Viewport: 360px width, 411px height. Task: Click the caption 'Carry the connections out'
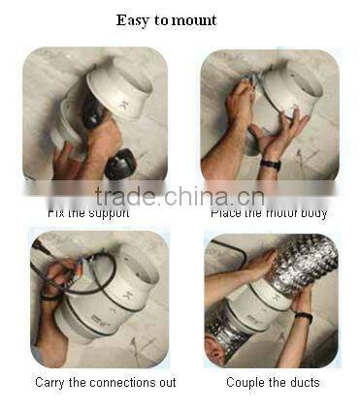[106, 382]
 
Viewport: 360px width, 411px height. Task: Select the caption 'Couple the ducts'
[273, 382]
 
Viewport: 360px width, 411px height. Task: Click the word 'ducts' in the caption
[302, 382]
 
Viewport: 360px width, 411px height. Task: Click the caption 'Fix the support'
[88, 211]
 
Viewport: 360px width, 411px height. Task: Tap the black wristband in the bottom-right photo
[304, 316]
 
